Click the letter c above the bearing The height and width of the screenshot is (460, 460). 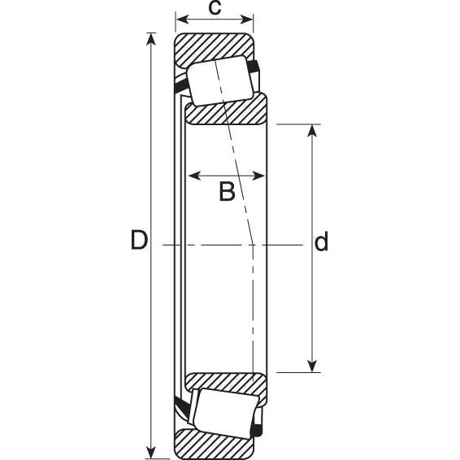215,8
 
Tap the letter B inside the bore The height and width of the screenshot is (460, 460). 227,192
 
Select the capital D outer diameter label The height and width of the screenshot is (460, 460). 139,241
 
